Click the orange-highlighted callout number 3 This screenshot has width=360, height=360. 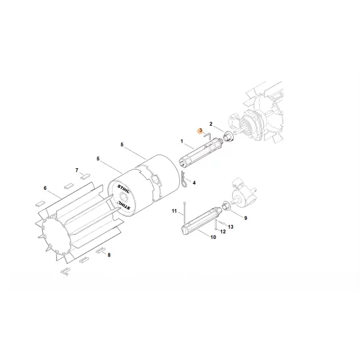point(201,131)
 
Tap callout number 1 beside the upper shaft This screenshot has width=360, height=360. point(181,141)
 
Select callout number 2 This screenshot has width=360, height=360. point(211,124)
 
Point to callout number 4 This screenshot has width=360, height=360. point(194,183)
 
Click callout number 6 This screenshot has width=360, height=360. point(45,189)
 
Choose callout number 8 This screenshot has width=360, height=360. point(109,254)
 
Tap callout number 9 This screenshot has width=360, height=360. point(245,217)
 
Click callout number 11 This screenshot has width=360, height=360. point(175,211)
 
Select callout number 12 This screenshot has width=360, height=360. point(222,230)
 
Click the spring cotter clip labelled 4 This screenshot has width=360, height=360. point(186,181)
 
